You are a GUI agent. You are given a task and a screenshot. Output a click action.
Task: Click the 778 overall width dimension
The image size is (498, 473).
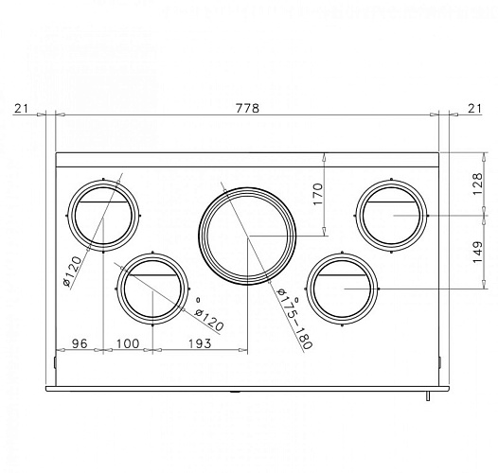246,109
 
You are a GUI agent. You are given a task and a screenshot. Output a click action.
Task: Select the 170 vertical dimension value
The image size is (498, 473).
318,194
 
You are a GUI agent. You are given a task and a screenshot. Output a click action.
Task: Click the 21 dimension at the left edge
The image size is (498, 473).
22,109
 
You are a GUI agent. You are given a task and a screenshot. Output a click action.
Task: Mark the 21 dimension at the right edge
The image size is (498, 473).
473,109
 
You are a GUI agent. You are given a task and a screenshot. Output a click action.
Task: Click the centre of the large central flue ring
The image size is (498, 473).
246,236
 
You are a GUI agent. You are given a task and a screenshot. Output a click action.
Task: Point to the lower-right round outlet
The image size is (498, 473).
344,289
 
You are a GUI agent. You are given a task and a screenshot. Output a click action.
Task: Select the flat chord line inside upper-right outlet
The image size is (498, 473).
392,202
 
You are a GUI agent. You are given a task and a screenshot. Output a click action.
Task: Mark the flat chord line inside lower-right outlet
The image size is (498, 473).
344,275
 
